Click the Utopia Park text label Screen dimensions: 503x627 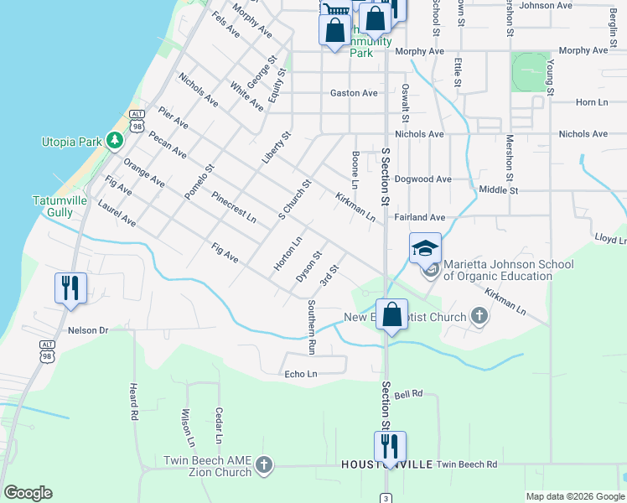[x=70, y=142]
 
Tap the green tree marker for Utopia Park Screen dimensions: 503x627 [x=114, y=142]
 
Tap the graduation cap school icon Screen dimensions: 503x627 [x=425, y=247]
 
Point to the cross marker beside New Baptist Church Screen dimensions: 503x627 [x=479, y=317]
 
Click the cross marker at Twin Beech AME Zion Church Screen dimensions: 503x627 [x=263, y=465]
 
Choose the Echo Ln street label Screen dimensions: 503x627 [x=301, y=374]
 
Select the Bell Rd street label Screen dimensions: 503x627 [x=407, y=393]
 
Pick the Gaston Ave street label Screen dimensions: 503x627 [x=354, y=93]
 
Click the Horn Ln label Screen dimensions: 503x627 [x=591, y=101]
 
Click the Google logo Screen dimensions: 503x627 [x=28, y=492]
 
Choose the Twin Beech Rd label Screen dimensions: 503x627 [x=467, y=464]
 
